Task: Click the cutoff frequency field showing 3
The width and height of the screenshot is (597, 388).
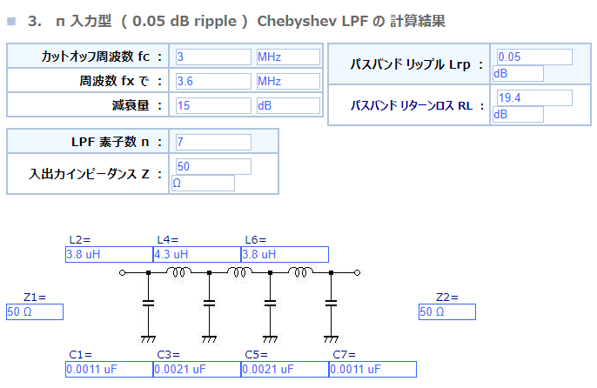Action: [213, 57]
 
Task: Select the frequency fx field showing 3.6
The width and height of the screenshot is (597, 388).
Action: [213, 81]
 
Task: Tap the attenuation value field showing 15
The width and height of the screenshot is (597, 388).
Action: [213, 105]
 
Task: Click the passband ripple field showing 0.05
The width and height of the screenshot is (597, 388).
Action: [534, 57]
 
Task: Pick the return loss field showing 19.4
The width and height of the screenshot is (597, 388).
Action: [534, 97]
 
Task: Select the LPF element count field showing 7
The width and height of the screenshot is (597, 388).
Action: [213, 142]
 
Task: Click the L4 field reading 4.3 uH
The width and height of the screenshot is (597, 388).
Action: [197, 254]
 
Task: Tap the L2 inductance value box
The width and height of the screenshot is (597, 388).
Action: [110, 254]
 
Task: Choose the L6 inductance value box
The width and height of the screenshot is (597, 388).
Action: [285, 254]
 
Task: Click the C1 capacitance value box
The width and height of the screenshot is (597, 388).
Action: [110, 370]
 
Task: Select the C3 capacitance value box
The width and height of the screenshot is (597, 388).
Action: [197, 370]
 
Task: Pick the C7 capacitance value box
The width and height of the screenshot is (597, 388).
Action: [372, 370]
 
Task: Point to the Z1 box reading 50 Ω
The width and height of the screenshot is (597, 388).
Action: [35, 311]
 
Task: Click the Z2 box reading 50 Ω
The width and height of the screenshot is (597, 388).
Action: [447, 311]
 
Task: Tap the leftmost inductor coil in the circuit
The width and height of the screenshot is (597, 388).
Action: [179, 271]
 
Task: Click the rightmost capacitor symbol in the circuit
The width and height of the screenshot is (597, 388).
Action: [331, 304]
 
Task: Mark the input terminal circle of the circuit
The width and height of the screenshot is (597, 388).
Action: [122, 272]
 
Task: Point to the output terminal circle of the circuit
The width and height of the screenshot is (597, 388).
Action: [357, 272]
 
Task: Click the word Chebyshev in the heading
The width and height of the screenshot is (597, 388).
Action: [297, 22]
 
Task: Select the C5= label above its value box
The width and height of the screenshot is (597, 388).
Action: [256, 355]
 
